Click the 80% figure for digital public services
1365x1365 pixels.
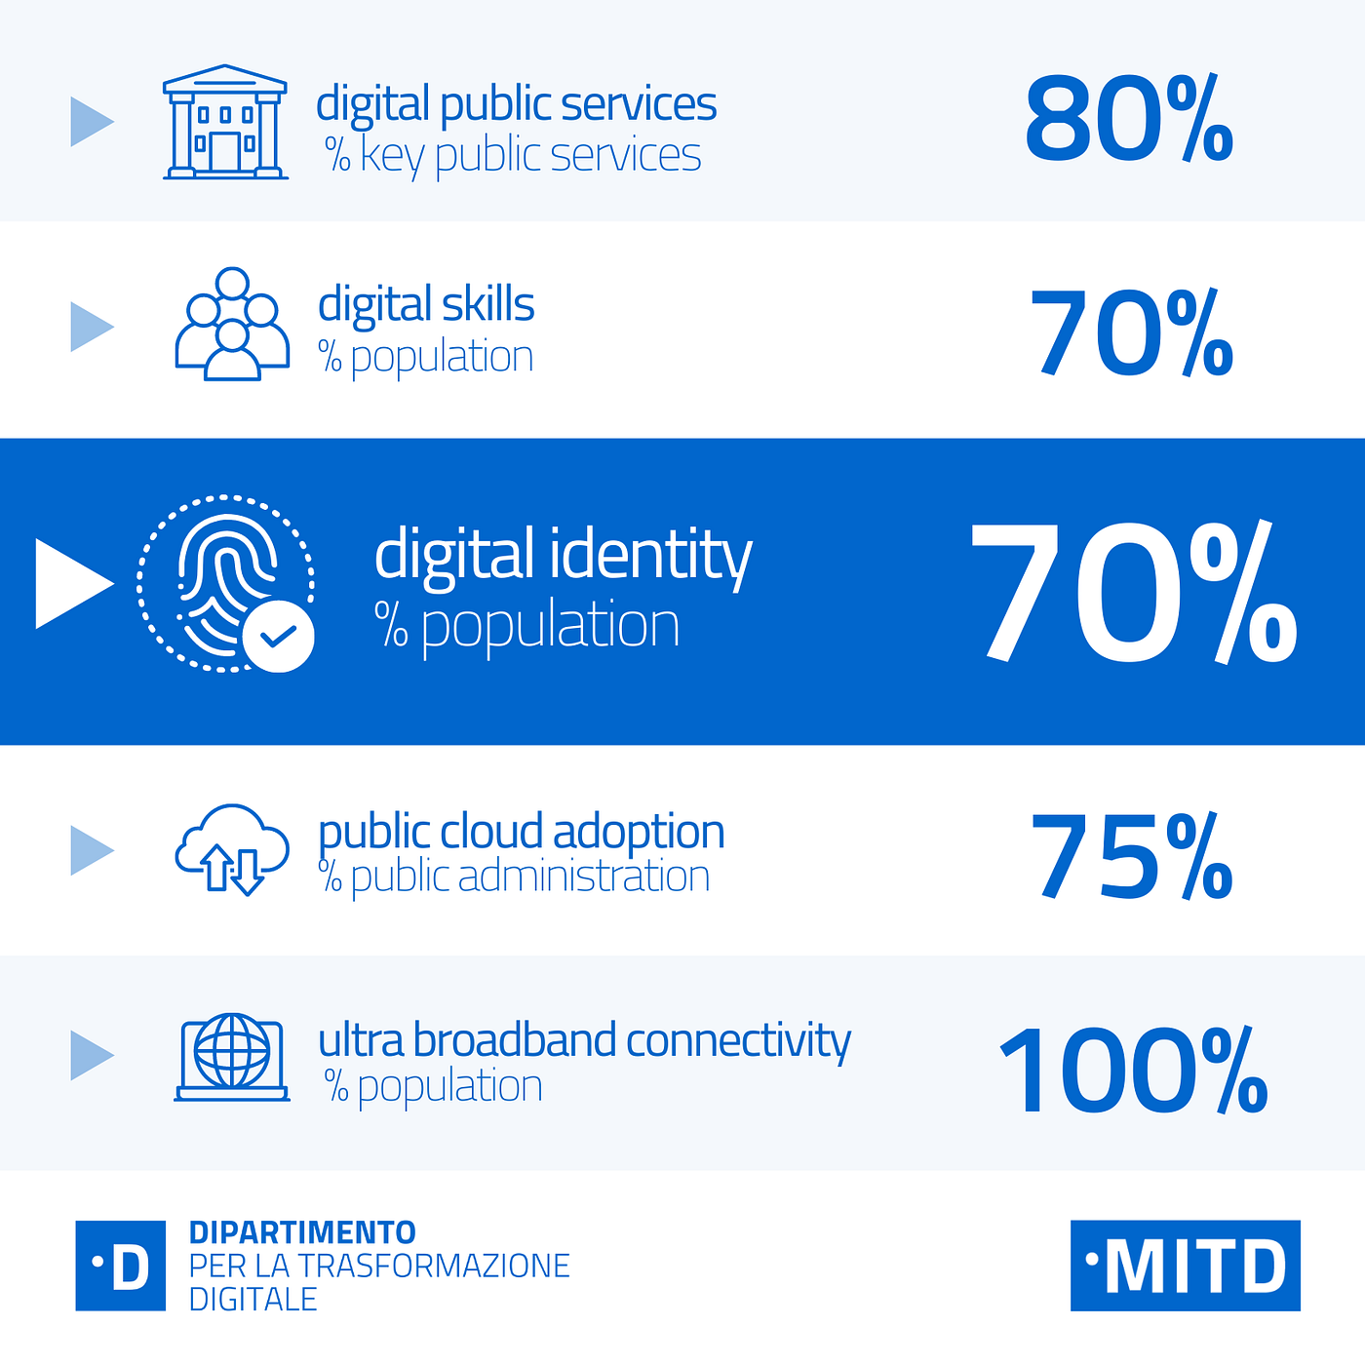pyautogui.click(x=1128, y=118)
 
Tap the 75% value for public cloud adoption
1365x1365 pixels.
pyautogui.click(x=1131, y=855)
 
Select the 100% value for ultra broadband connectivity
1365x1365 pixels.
pyautogui.click(x=1133, y=1069)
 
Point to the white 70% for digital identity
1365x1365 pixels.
pyautogui.click(x=1133, y=592)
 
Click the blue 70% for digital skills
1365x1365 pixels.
pyautogui.click(x=1131, y=331)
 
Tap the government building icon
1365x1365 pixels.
pyautogui.click(x=225, y=122)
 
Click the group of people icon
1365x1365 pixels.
pyautogui.click(x=232, y=324)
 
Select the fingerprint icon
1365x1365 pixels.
pyautogui.click(x=225, y=584)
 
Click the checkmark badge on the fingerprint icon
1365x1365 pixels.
pyautogui.click(x=279, y=636)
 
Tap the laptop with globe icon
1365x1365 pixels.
pyautogui.click(x=232, y=1057)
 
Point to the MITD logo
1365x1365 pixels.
pyautogui.click(x=1185, y=1266)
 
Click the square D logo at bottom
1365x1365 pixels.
pyautogui.click(x=121, y=1266)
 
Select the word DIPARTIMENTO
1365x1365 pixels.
pyautogui.click(x=302, y=1233)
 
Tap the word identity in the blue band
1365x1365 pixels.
pyautogui.click(x=651, y=556)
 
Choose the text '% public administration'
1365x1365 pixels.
pyautogui.click(x=514, y=877)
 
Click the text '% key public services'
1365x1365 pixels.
pyautogui.click(x=513, y=156)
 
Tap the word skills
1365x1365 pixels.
pyautogui.click(x=488, y=304)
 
